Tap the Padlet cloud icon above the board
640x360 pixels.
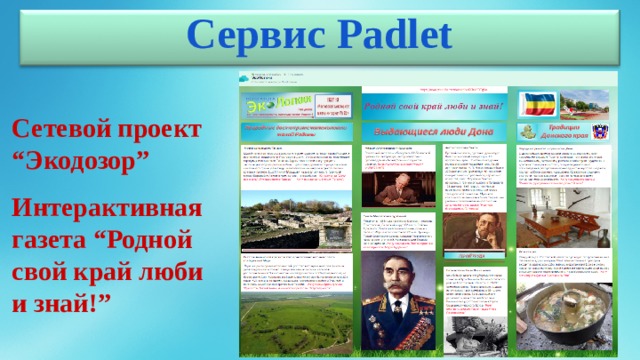[x=243, y=77]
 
